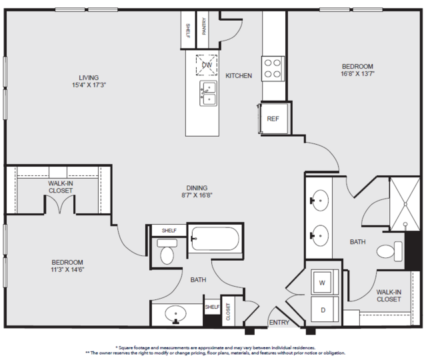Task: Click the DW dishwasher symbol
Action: pyautogui.click(x=207, y=65)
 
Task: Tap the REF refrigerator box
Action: pyautogui.click(x=273, y=119)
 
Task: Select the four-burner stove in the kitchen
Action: pyautogui.click(x=273, y=69)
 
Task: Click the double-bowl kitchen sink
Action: pyautogui.click(x=209, y=93)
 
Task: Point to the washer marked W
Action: pyautogui.click(x=322, y=283)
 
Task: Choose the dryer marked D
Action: pyautogui.click(x=323, y=310)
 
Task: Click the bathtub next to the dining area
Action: pyautogui.click(x=215, y=239)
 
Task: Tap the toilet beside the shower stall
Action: pyautogui.click(x=389, y=251)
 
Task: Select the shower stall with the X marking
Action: pyautogui.click(x=405, y=204)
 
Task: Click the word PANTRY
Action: pyautogui.click(x=204, y=27)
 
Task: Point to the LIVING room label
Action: pyautogui.click(x=89, y=78)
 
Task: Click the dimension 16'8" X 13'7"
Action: pyautogui.click(x=357, y=73)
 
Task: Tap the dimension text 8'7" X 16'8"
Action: pyautogui.click(x=197, y=195)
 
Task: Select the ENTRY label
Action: pyautogui.click(x=279, y=323)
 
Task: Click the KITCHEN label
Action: pyautogui.click(x=239, y=76)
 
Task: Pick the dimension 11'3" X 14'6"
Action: pyautogui.click(x=67, y=270)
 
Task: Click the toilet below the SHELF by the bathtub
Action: pyautogui.click(x=167, y=251)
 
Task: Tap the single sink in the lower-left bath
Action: pyautogui.click(x=175, y=315)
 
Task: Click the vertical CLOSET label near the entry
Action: pyautogui.click(x=228, y=311)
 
